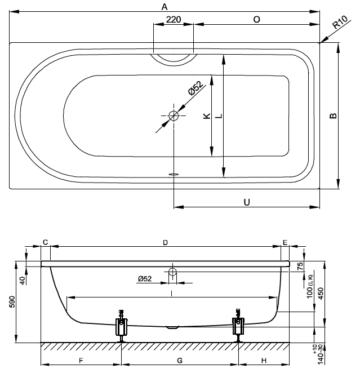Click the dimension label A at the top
tap(164, 7)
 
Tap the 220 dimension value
tap(174, 20)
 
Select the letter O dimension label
tap(256, 20)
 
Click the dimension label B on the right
tap(334, 116)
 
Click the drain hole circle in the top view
tap(174, 116)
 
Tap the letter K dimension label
tap(207, 116)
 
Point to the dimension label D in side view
tap(165, 242)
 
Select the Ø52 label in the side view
tap(144, 278)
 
